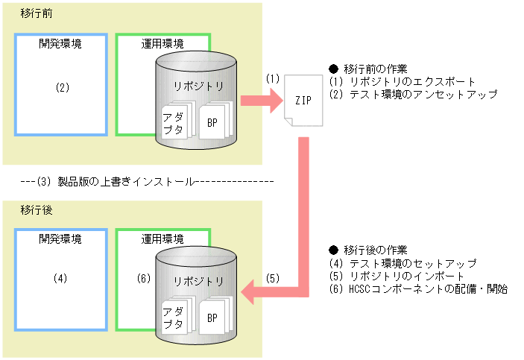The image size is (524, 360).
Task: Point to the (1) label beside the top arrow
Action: (x=273, y=78)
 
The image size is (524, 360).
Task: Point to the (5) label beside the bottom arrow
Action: (x=273, y=279)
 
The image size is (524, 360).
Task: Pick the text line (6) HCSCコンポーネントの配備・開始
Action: (x=418, y=289)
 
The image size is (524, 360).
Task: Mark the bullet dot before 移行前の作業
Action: (x=333, y=69)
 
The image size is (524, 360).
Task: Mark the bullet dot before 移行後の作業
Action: (x=333, y=249)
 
